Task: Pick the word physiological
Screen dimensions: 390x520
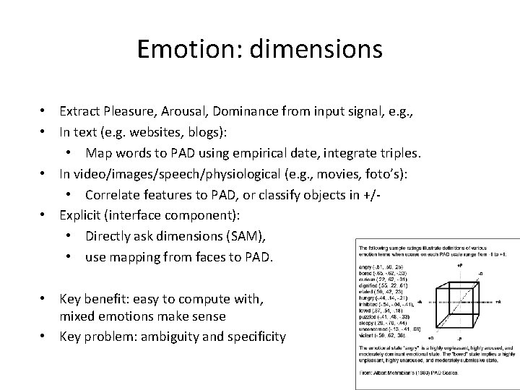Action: coord(253,174)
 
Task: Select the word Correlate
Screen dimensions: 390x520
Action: coord(111,195)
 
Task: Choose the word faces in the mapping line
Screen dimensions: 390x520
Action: coord(220,256)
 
